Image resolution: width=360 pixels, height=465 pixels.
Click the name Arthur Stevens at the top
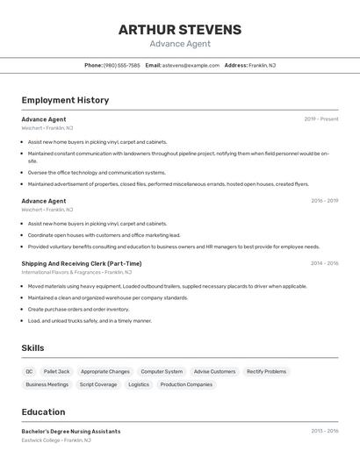tap(179, 30)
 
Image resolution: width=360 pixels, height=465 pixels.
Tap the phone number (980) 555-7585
tap(121, 65)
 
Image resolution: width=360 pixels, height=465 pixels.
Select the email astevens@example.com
tap(191, 65)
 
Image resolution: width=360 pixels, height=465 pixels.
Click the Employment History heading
tap(65, 100)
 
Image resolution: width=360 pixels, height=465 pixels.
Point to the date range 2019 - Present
tap(321, 119)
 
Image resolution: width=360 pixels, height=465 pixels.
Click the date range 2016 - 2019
tap(324, 201)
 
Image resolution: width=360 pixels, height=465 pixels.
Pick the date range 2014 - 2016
tap(324, 263)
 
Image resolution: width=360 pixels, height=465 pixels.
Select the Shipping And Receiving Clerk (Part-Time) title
tap(81, 263)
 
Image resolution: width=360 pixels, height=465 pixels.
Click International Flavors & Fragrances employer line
tap(77, 272)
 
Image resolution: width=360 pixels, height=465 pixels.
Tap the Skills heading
tap(32, 348)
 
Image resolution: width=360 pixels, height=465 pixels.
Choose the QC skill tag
tap(29, 371)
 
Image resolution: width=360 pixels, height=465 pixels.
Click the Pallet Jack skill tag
tap(56, 371)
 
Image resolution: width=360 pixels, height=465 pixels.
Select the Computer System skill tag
tap(162, 371)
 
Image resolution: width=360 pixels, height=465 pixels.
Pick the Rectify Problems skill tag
tap(266, 371)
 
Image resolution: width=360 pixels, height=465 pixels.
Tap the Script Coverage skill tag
tap(97, 384)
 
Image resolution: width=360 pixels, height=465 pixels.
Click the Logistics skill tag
tap(139, 384)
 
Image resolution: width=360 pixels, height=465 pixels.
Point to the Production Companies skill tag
tap(186, 384)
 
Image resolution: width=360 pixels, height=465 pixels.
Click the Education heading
tap(43, 411)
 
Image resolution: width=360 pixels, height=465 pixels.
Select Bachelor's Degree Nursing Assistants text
tap(71, 432)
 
